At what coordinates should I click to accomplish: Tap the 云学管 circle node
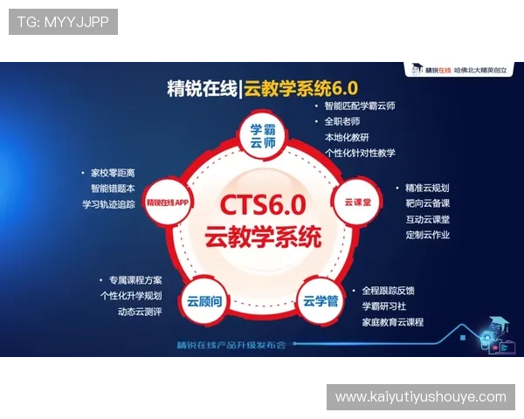pos(320,301)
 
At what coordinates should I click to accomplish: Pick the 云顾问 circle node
pos(204,301)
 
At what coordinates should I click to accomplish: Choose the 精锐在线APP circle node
pos(169,202)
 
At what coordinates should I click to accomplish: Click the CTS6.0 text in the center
pos(262,205)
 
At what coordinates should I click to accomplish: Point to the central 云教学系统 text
pos(262,237)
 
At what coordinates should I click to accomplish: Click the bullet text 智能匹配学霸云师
pos(359,106)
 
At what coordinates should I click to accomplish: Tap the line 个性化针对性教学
pos(359,153)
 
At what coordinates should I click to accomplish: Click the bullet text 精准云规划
pos(426,188)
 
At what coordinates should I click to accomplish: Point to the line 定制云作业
pos(427,235)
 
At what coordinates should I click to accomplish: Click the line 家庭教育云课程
pos(392,322)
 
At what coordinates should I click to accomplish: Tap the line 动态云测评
pos(133,312)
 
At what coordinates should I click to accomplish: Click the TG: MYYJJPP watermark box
pos(63,22)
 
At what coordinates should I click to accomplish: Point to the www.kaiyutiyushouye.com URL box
pos(420,397)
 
